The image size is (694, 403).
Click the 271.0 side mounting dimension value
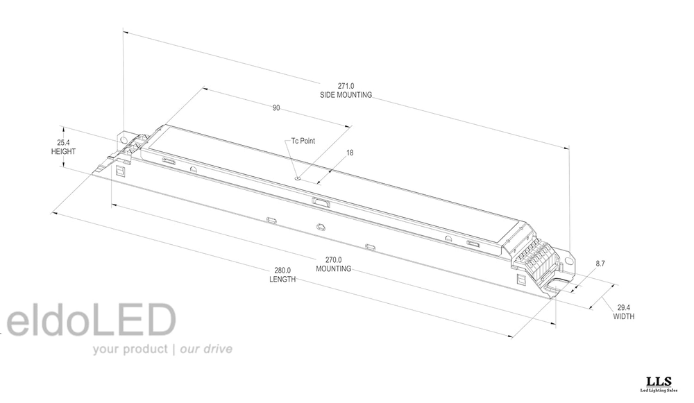coord(346,86)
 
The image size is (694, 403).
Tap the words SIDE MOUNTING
coord(346,95)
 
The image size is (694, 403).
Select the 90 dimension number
coord(276,108)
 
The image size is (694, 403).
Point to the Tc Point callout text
coord(303,141)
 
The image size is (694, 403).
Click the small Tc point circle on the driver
coord(298,179)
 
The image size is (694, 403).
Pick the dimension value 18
coord(350,153)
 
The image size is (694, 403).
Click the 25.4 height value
coord(63,143)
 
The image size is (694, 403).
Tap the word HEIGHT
coord(63,151)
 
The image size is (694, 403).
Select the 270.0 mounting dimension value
coord(334,260)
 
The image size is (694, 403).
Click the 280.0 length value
coord(282,271)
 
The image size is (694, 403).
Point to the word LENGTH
coord(282,279)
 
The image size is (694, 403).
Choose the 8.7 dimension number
coord(600,264)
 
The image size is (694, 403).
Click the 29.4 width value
coord(624,307)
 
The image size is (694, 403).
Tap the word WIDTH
coord(624,316)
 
